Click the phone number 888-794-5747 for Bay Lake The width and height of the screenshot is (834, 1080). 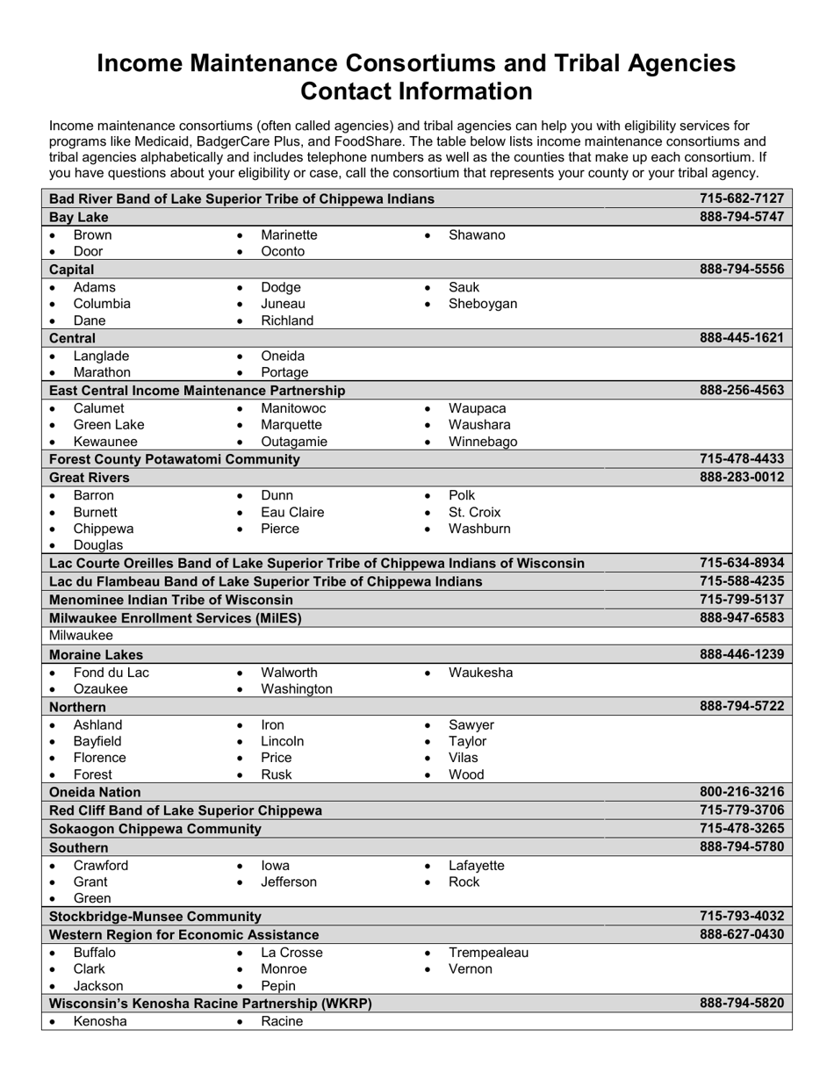coord(741,217)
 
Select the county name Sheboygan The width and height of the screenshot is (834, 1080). coord(482,304)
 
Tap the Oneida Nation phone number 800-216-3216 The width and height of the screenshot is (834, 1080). coord(741,792)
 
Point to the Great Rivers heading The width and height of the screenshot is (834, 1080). coord(90,478)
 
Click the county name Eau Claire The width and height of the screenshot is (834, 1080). coord(292,512)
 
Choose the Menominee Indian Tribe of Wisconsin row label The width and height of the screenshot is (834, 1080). coord(171,600)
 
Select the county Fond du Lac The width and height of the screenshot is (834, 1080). coord(111,673)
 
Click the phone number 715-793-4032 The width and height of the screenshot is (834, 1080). coord(741,917)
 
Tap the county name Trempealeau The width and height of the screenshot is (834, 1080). coord(488,953)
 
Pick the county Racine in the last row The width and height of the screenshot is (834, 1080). coord(282,1021)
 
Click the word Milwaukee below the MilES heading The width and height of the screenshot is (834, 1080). coord(81,635)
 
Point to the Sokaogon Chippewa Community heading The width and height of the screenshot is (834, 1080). coord(155,829)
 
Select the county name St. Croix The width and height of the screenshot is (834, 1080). coord(474,512)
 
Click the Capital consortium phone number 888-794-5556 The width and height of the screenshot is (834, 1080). coord(741,270)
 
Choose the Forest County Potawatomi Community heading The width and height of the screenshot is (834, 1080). coord(175,459)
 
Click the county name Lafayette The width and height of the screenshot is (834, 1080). coord(476,865)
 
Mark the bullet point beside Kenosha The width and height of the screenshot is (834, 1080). coord(54,1023)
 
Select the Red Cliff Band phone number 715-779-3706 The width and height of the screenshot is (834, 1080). coord(741,810)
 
